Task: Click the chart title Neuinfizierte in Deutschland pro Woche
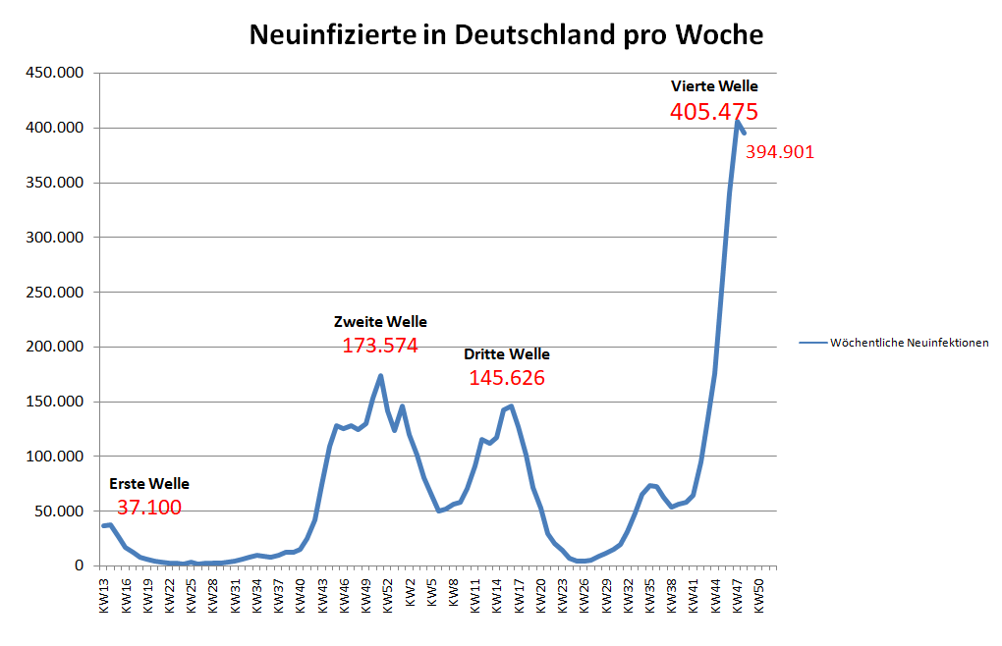[506, 34]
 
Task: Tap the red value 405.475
[714, 112]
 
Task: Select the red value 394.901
[780, 152]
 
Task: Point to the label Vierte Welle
[714, 86]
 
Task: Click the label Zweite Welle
[380, 321]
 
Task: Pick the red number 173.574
[380, 346]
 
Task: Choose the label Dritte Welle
[507, 353]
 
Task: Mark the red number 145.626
[507, 378]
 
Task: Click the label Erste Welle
[149, 483]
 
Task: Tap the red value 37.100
[149, 508]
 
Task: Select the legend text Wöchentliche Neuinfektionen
[909, 343]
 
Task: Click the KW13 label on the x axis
[105, 593]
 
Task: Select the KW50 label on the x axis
[759, 593]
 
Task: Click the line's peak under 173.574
[380, 375]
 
